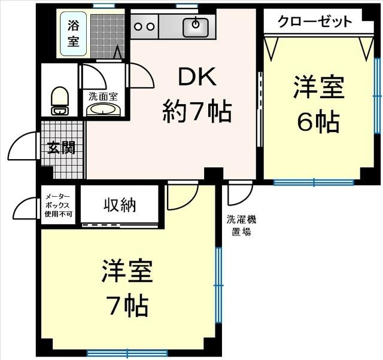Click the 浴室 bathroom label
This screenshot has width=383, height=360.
coord(73,33)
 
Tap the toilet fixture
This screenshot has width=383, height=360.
coord(59,100)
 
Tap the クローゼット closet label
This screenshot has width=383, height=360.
coord(314,22)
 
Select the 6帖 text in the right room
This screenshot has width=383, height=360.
coord(318,123)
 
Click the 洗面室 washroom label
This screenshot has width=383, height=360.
coord(103,96)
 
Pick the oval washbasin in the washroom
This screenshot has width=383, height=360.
coord(103,109)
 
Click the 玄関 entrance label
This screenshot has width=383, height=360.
coord(62,148)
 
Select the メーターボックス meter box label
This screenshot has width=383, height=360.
coord(58,205)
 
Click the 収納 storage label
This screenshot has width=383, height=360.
coord(119,205)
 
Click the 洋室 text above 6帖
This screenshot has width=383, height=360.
coord(318,88)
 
